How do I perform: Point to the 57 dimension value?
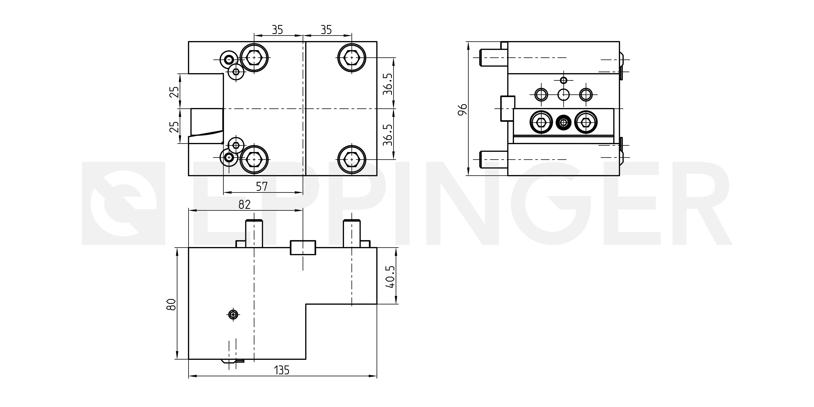(x=262, y=186)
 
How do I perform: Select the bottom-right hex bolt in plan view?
(x=352, y=159)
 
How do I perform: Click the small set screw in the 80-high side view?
(x=234, y=314)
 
